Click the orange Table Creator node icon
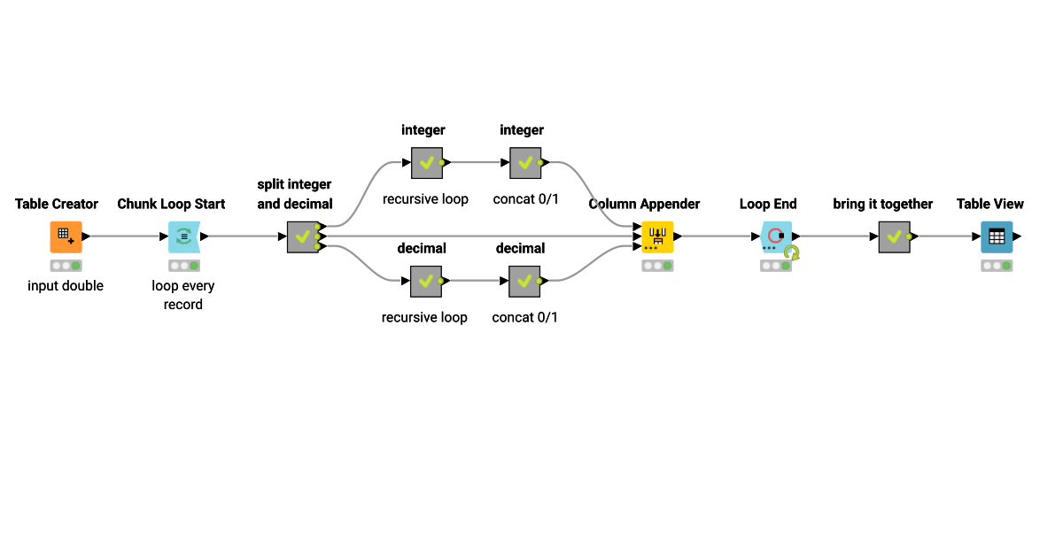click(66, 236)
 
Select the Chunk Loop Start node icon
click(183, 236)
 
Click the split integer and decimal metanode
click(302, 236)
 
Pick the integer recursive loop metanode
click(426, 163)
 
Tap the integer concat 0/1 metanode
click(524, 163)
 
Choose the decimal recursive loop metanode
click(426, 281)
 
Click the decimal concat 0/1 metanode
click(524, 281)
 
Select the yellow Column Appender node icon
click(657, 236)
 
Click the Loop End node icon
click(776, 236)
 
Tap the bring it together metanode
click(894, 236)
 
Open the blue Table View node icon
click(997, 236)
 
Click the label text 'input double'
click(66, 286)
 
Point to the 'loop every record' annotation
click(183, 295)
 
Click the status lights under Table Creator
click(66, 265)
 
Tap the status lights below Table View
click(997, 265)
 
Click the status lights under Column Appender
click(657, 265)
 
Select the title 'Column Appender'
click(644, 204)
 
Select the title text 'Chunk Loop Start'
click(171, 204)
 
